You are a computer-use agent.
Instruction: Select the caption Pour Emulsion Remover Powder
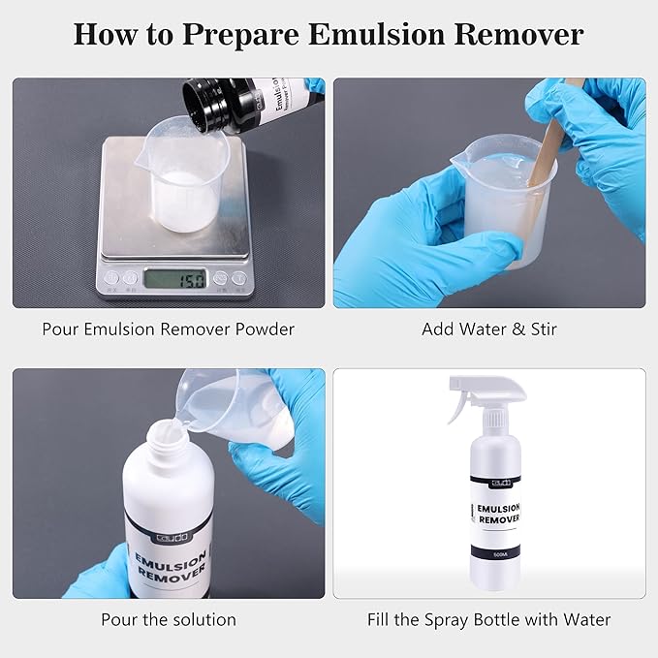tap(168, 329)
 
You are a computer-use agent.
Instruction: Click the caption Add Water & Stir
tap(489, 329)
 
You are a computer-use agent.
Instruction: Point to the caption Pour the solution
tap(168, 619)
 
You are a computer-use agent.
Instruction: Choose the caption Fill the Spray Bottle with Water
tap(489, 619)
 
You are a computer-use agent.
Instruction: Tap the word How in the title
tap(105, 35)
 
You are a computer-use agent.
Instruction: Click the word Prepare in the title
tap(241, 35)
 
